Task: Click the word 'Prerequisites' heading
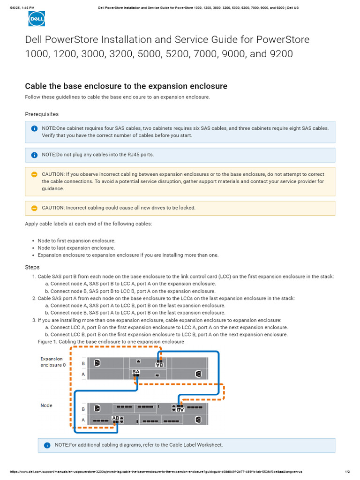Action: [42, 114]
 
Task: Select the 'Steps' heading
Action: [32, 267]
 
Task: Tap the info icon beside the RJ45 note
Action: [34, 155]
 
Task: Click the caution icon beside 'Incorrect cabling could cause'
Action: [34, 208]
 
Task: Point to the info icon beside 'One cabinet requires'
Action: [34, 128]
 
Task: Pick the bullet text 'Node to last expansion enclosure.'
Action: [76, 248]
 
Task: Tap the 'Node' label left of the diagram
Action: [46, 405]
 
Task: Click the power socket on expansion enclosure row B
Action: [97, 363]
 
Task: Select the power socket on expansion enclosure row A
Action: [198, 374]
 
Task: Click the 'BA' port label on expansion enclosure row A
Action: [136, 372]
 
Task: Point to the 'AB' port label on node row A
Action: [116, 418]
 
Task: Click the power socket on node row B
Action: [97, 408]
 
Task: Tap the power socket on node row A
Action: [198, 419]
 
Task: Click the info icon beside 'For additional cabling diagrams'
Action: [47, 445]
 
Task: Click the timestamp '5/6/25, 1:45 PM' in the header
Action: [22, 7]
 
